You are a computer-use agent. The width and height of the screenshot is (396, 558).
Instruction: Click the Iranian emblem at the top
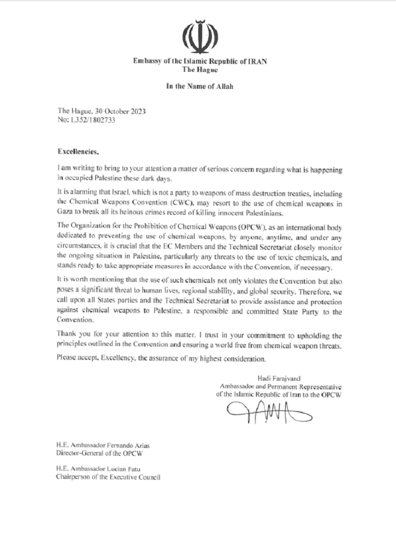(200, 36)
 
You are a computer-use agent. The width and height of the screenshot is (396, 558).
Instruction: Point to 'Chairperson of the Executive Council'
(108, 477)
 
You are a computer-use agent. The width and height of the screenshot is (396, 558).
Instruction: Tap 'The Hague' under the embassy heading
(200, 70)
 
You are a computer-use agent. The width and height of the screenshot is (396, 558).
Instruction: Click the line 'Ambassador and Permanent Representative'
(281, 386)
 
